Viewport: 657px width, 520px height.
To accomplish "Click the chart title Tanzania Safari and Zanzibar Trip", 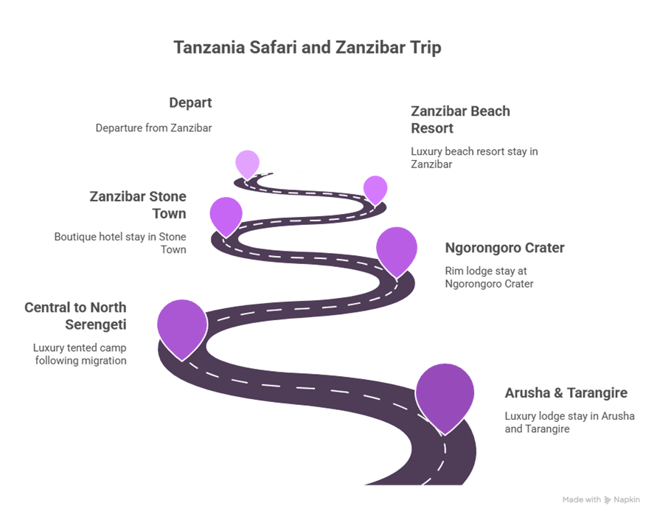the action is coord(307,47).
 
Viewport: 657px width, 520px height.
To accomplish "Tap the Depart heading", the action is coord(190,103).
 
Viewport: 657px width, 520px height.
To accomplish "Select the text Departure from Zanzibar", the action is coord(153,128).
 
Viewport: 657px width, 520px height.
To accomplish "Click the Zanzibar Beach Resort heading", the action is coord(460,119).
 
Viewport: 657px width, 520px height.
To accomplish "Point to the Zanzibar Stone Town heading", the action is coord(138,205).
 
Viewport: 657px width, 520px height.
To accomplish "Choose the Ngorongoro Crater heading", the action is coord(504,248).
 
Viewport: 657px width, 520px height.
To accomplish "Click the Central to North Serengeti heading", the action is coord(75,316).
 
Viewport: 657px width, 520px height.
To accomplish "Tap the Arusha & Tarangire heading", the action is coord(566,393).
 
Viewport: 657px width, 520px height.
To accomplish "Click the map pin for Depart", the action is coord(247,164).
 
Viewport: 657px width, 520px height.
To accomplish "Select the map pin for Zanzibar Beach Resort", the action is coord(375,190).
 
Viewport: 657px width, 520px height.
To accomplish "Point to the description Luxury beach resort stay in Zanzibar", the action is coord(474,158).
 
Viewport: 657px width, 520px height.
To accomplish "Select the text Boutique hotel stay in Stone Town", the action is coord(120,243).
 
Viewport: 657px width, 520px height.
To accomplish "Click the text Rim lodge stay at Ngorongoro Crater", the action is coord(489,277).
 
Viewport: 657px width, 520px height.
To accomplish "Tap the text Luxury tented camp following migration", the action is coord(80,354).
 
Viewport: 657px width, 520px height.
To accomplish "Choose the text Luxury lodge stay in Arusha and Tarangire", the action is coord(569,423).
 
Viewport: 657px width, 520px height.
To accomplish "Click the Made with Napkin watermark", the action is coord(601,499).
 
